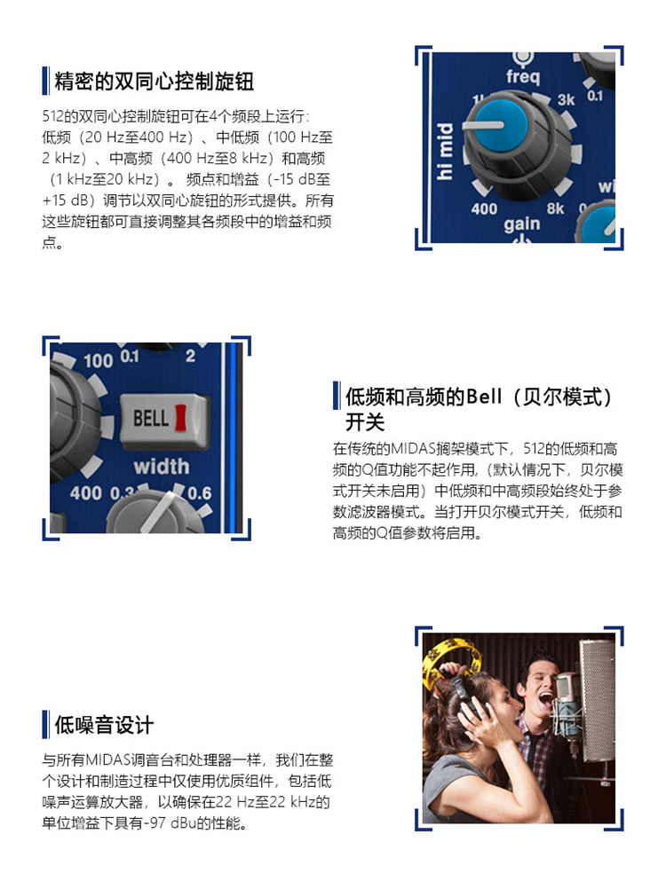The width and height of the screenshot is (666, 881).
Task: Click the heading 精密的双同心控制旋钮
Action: click(155, 82)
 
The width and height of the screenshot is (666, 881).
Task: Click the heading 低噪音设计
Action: click(104, 725)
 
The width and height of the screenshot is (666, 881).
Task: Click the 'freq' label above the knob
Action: click(522, 75)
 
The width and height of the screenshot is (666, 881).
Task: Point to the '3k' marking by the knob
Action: click(566, 100)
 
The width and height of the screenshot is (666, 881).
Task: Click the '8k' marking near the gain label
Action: click(555, 208)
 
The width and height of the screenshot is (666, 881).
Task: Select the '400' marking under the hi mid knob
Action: click(484, 209)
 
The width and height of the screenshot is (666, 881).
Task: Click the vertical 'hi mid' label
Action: click(444, 152)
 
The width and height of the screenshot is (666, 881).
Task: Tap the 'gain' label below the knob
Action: click(521, 224)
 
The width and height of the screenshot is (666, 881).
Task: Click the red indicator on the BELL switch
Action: click(180, 418)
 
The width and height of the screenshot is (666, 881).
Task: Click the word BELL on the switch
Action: click(150, 418)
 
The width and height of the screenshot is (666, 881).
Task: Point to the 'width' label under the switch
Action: click(162, 467)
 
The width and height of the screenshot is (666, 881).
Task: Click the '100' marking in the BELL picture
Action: click(99, 361)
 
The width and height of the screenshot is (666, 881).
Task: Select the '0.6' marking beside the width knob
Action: click(200, 493)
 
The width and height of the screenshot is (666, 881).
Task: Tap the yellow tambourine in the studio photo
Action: click(450, 660)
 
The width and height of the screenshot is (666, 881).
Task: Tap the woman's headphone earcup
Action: click(470, 707)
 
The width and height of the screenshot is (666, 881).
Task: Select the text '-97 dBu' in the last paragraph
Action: click(168, 823)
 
